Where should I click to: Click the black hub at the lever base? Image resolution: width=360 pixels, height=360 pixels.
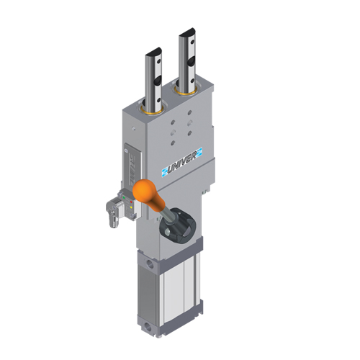click(177, 227)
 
